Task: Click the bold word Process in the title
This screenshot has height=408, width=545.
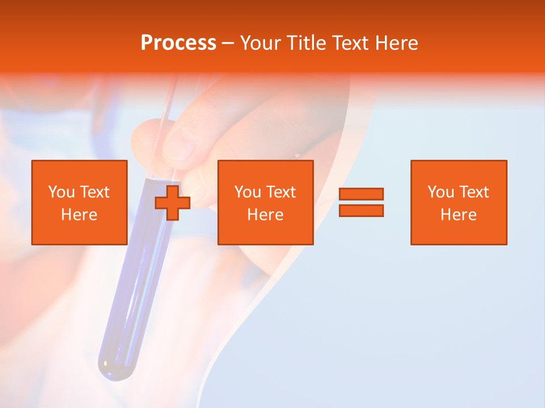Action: click(178, 43)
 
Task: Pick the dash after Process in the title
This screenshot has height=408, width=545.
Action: click(227, 44)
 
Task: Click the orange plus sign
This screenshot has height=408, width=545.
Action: click(173, 203)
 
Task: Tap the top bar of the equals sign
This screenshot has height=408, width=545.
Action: click(361, 194)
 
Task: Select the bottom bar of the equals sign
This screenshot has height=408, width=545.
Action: click(361, 210)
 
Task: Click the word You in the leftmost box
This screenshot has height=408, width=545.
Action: click(61, 192)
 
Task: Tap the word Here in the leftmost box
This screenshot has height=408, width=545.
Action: click(79, 215)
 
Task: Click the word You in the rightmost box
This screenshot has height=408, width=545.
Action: click(440, 192)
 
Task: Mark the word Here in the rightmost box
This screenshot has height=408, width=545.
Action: click(459, 215)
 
